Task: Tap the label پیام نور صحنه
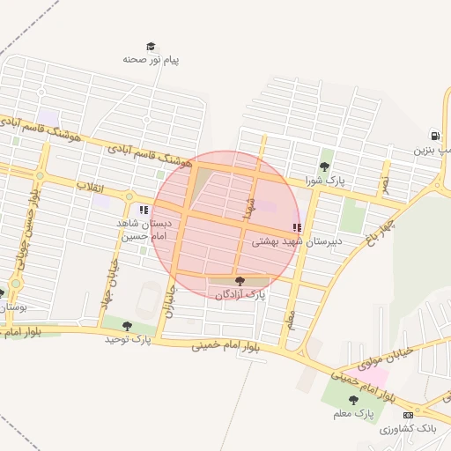[x=151, y=60]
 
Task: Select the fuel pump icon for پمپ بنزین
[x=434, y=135]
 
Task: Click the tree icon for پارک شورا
[x=324, y=166]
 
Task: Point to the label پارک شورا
[x=322, y=180]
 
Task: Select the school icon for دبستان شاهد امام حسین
[x=143, y=211]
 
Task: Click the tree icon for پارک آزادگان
[x=240, y=281]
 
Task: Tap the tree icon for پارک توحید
[x=128, y=326]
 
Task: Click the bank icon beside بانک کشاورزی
[x=407, y=415]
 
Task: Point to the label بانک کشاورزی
[x=408, y=428]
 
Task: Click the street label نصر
[x=384, y=183]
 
